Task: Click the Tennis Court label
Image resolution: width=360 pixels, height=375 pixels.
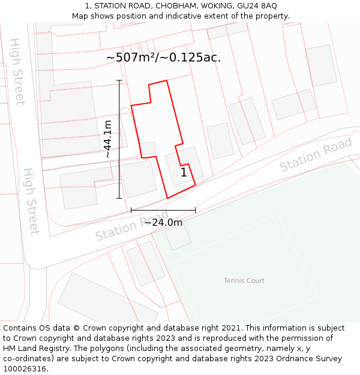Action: coord(244,280)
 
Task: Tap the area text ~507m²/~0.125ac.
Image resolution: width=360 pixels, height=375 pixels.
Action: coord(163,58)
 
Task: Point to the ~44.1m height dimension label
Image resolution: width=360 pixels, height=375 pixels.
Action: coord(108,139)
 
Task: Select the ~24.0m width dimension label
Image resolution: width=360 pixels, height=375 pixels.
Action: coord(163,223)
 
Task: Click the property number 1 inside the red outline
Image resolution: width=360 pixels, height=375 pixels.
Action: coord(184,173)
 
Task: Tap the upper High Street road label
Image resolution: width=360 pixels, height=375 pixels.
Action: coord(17,72)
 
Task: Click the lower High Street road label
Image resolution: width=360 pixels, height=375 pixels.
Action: coord(31,201)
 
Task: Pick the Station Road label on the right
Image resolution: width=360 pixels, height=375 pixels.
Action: coord(316,155)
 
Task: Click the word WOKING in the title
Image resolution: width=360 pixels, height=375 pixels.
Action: coord(217,6)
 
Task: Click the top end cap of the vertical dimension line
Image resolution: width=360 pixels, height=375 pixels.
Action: coord(119,80)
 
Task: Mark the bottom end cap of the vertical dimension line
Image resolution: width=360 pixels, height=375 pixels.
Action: coord(119,198)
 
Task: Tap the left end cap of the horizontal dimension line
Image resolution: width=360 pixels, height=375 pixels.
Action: coord(131,210)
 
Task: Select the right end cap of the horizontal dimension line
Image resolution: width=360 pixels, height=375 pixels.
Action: coord(196,210)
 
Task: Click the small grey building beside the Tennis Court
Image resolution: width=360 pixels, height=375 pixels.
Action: coord(178,237)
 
